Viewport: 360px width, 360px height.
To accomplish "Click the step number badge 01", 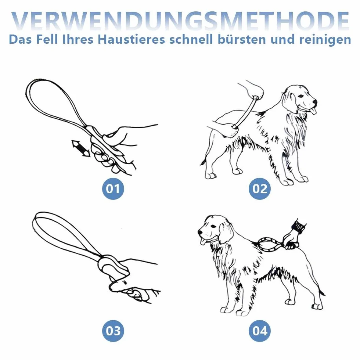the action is click(113, 189).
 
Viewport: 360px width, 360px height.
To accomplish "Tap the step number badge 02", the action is click(260, 189).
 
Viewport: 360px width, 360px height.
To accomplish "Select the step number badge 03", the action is click(113, 331).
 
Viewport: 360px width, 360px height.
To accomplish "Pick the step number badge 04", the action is click(260, 331).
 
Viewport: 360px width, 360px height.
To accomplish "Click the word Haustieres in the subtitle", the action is click(132, 39).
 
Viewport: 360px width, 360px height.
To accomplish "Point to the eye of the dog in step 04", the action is click(214, 227).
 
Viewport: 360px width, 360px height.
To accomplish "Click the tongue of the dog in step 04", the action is click(204, 241).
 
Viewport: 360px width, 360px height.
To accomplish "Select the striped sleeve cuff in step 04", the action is click(299, 226).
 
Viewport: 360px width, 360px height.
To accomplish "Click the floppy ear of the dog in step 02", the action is click(289, 102).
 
